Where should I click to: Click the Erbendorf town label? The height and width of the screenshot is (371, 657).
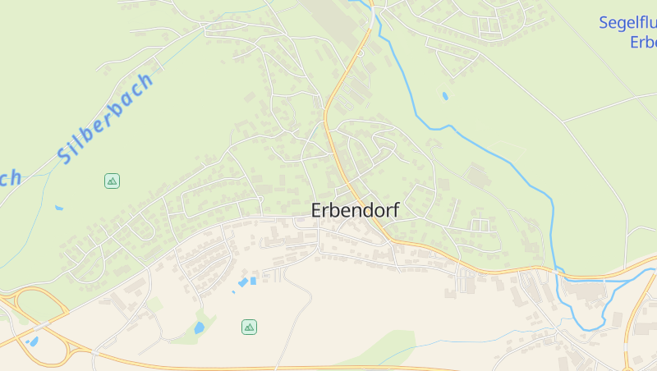pos(355,211)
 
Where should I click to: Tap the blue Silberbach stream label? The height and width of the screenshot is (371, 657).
pos(105,118)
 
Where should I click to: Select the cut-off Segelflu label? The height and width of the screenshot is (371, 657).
pos(627,23)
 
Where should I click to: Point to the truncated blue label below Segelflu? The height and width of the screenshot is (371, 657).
pos(643,43)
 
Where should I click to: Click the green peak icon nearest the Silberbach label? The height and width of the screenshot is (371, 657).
pos(112,181)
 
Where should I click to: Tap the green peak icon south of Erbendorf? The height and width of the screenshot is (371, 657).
pos(249,327)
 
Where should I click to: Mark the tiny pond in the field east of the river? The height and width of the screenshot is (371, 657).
pos(445,96)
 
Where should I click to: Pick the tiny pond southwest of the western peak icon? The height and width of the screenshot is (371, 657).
pos(59,208)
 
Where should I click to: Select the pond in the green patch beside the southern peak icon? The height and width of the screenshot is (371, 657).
pos(199,327)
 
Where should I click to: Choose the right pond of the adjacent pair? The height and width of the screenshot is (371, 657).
pos(253,281)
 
